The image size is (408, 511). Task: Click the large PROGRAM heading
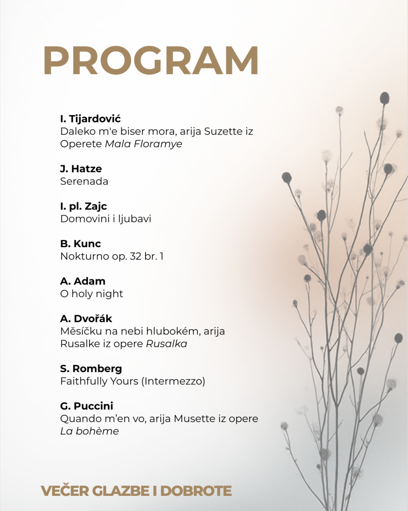[151, 61]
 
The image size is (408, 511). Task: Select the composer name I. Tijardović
[90, 119]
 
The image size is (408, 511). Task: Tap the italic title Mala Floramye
[143, 144]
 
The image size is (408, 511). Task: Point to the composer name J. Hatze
[81, 168]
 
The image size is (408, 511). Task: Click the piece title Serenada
[84, 181]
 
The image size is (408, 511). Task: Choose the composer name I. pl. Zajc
[84, 206]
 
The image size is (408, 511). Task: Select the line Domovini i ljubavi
[106, 219]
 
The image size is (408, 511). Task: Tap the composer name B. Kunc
[80, 244]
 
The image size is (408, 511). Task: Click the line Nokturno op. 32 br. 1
[112, 256]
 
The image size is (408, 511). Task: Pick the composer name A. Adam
[83, 281]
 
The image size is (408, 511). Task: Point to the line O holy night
[92, 294]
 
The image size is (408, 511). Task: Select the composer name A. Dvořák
[86, 319]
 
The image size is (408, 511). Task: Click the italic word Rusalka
[167, 344]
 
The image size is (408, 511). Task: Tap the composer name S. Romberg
[91, 368]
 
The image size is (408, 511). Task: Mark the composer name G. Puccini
[87, 406]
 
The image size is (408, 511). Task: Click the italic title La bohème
[90, 431]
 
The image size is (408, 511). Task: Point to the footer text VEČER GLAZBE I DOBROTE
[136, 491]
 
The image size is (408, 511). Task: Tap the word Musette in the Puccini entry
[194, 419]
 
